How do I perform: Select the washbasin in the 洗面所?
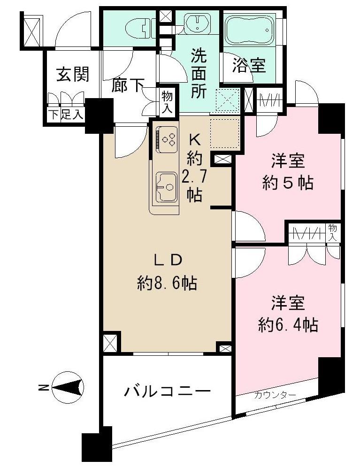pyautogui.click(x=197, y=23)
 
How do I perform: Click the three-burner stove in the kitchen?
pyautogui.click(x=167, y=138)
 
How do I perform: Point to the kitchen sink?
pyautogui.click(x=165, y=187)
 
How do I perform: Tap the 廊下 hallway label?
pyautogui.click(x=128, y=85)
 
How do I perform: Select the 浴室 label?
pyautogui.click(x=249, y=66)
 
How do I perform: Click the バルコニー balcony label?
pyautogui.click(x=167, y=391)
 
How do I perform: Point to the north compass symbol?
pyautogui.click(x=68, y=388)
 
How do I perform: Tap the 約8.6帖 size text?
pyautogui.click(x=167, y=283)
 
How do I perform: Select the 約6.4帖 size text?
pyautogui.click(x=288, y=324)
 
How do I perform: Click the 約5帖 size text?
pyautogui.click(x=288, y=183)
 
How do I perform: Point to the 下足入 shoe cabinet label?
pyautogui.click(x=65, y=115)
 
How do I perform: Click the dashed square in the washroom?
pyautogui.click(x=228, y=100)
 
